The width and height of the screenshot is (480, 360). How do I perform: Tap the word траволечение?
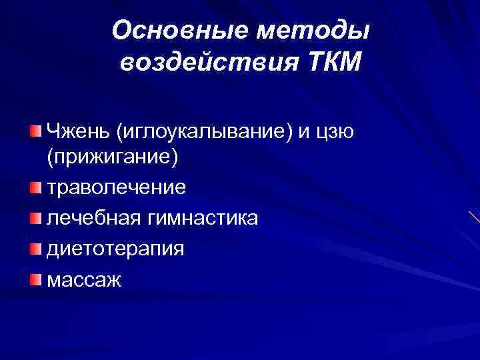click(x=116, y=187)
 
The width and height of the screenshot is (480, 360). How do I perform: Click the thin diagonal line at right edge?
click(x=473, y=217)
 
